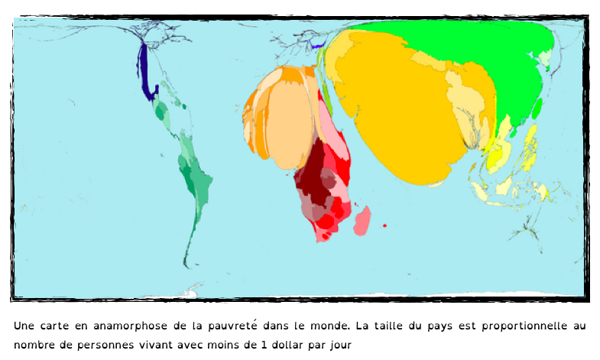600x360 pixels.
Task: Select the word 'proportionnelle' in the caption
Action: [x=527, y=326]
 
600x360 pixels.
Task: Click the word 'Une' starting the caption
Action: [x=24, y=326]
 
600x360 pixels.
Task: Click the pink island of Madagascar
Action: [x=362, y=219]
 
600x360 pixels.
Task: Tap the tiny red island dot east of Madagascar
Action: [x=384, y=225]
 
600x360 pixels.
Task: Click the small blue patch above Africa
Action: [x=317, y=46]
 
